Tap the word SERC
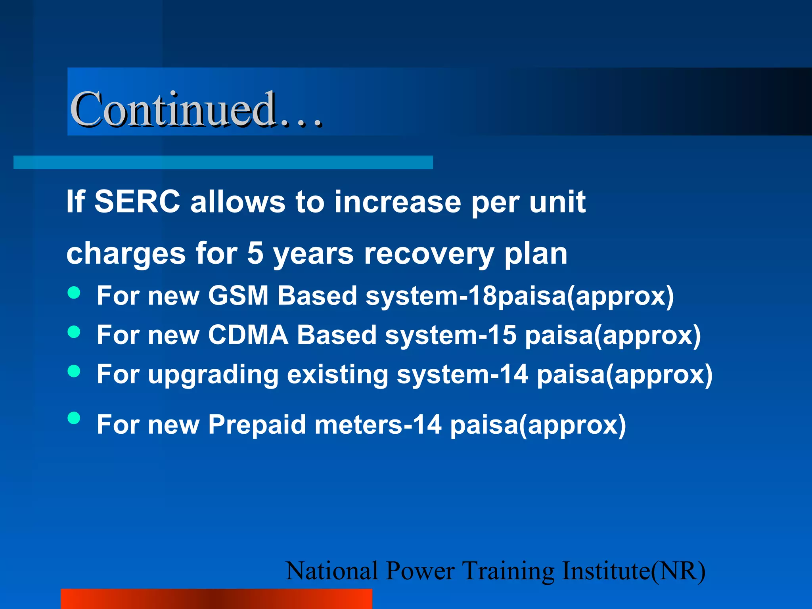(x=137, y=202)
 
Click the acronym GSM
(x=238, y=296)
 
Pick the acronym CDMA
(x=248, y=335)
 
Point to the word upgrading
(x=213, y=375)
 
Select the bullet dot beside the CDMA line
(x=74, y=331)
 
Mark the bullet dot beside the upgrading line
(x=74, y=371)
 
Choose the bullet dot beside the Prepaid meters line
(x=74, y=418)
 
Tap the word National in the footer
(x=331, y=571)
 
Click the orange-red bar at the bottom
(x=216, y=599)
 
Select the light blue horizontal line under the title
(x=223, y=163)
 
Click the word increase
(x=397, y=202)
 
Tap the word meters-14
(x=378, y=425)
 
